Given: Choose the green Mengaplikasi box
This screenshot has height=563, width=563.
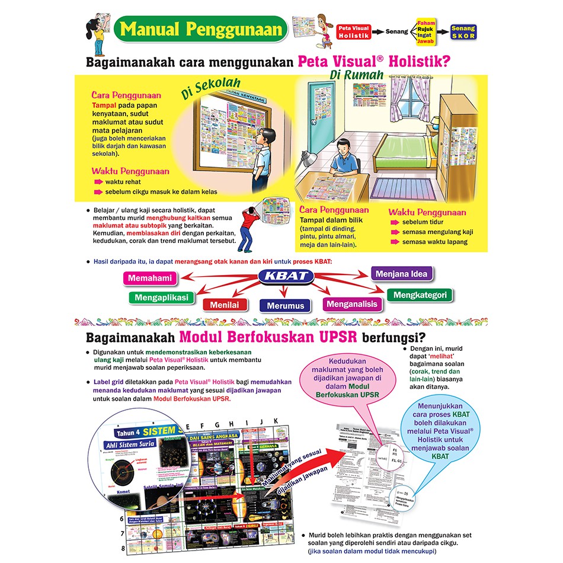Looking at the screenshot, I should pos(161,297).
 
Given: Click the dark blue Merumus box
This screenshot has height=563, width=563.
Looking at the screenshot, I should pos(285,306).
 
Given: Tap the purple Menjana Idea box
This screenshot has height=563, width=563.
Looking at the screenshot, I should pos(402,274).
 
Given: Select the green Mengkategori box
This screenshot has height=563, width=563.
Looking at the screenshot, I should pos(420,295).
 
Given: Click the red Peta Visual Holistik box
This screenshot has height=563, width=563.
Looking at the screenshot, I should pos(353,31).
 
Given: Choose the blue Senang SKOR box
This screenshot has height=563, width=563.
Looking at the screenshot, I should pos(463,31).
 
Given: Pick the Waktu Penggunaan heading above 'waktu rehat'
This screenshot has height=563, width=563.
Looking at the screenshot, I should pos(130,171).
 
